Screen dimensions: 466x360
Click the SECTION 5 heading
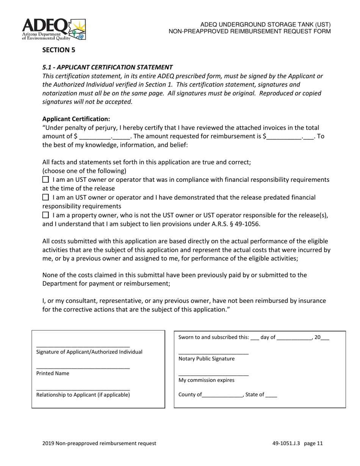[x=58, y=50]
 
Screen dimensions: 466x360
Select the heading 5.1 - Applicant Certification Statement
[x=107, y=67]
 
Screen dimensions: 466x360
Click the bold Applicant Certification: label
[x=76, y=119]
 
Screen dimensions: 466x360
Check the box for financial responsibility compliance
[x=45, y=179]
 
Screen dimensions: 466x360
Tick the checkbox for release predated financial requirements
[x=45, y=197]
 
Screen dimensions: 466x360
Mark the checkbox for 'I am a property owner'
[x=45, y=215]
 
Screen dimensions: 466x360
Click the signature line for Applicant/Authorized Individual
[x=83, y=346]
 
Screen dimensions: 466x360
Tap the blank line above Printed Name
[x=83, y=367]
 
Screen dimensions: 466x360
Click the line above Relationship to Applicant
[x=83, y=389]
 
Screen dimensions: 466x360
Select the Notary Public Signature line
[x=213, y=353]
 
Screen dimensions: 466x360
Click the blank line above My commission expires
[x=213, y=375]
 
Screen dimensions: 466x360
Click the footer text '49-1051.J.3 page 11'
[x=297, y=443]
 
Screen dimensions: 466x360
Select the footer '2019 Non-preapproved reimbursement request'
[x=99, y=443]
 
